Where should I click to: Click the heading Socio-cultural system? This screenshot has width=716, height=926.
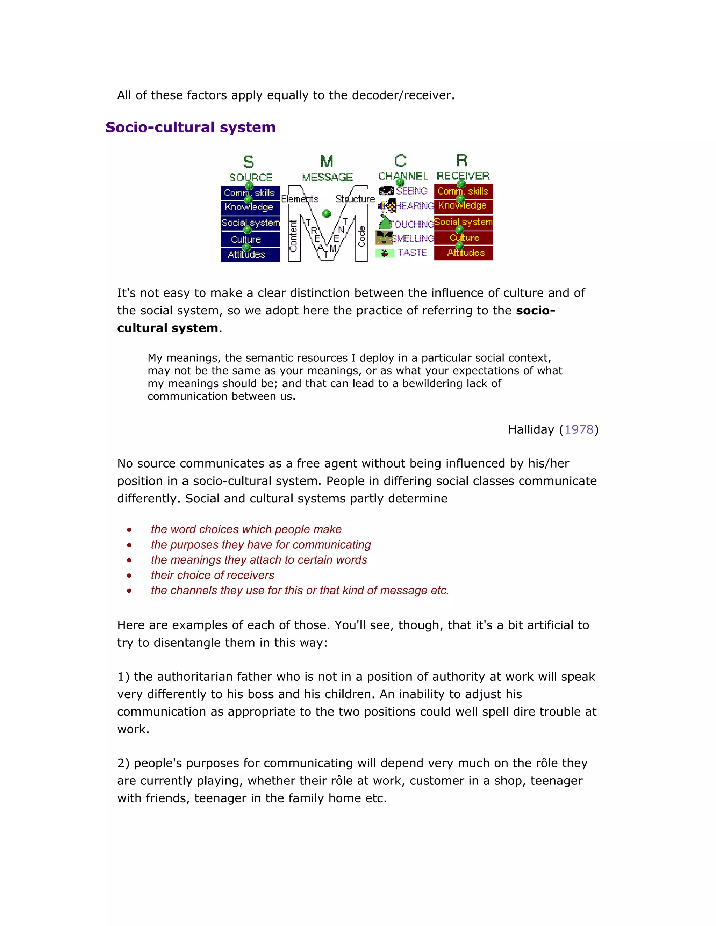coord(191,127)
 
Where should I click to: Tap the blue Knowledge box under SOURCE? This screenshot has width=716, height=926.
coord(249,207)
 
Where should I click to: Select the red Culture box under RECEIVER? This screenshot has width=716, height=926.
coord(464,238)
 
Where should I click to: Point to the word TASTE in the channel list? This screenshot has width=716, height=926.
coord(412,253)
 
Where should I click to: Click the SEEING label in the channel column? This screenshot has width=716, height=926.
coord(411,191)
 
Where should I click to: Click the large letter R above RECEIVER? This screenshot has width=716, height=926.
coord(461,161)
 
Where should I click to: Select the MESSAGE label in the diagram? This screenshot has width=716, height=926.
coord(327,177)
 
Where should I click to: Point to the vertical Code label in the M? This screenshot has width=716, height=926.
coord(361,237)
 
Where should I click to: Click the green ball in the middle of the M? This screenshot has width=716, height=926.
coord(326,214)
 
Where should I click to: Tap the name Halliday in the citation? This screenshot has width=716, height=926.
coord(531,429)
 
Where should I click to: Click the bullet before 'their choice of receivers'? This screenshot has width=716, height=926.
coord(129,576)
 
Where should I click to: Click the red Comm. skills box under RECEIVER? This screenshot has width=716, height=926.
coord(463,191)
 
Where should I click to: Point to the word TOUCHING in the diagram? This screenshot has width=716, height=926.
coord(411,224)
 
